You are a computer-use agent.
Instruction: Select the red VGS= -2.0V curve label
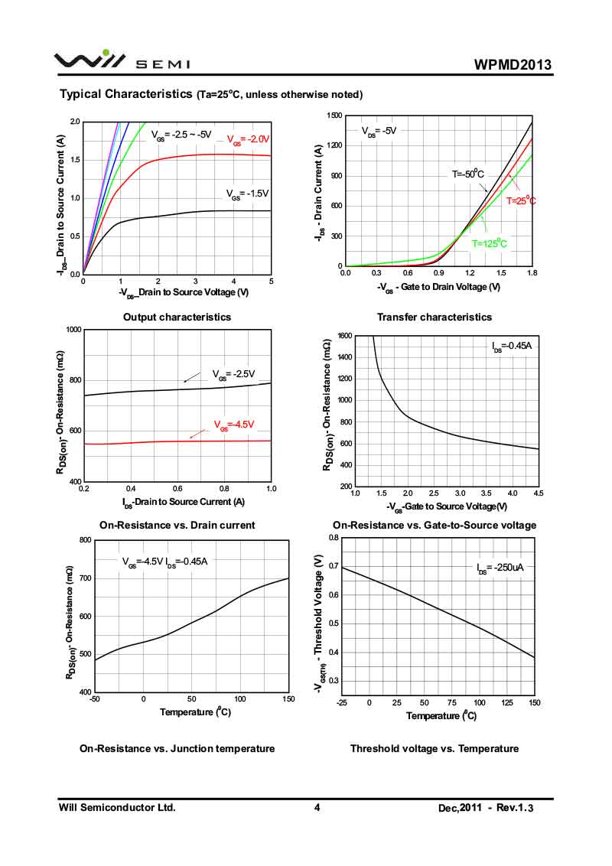tap(249, 139)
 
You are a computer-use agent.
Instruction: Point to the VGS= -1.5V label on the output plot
tap(247, 194)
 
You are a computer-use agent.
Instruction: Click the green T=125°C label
tap(489, 243)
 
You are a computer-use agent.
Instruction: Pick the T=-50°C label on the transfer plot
tap(467, 174)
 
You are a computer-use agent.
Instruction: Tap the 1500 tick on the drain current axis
tap(334, 116)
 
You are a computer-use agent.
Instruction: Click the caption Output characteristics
tap(177, 317)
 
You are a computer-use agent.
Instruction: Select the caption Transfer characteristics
tap(435, 317)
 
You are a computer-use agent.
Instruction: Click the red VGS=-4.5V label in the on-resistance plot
tap(233, 425)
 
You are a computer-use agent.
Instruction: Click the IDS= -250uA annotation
tap(500, 568)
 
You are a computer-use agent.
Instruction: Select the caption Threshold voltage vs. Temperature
tap(434, 748)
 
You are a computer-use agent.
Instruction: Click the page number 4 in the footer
tap(316, 807)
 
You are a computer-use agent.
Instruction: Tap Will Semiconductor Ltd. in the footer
tap(117, 807)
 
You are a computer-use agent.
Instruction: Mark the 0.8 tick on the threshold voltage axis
tap(333, 538)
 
